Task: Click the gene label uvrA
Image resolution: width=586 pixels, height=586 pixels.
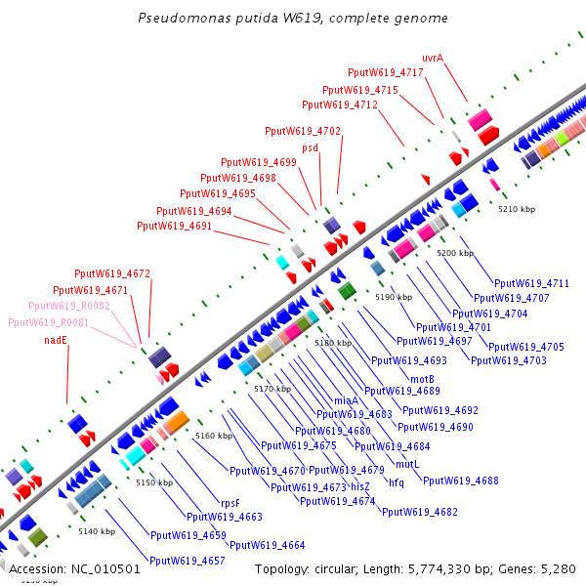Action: [433, 58]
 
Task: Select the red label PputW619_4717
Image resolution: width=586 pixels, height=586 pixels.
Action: [386, 72]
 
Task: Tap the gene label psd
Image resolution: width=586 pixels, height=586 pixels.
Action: [310, 148]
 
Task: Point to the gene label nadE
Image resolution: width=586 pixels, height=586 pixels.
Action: [56, 340]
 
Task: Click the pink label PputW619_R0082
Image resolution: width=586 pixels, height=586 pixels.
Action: [69, 306]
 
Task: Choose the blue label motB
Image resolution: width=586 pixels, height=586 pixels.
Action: [422, 379]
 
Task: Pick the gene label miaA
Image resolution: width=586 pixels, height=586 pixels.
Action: [346, 400]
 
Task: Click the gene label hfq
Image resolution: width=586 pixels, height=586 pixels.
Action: [397, 482]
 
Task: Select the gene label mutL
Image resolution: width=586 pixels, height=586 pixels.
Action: [407, 464]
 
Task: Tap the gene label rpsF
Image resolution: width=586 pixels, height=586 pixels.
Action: [230, 503]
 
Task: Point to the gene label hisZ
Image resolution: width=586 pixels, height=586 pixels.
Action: [360, 486]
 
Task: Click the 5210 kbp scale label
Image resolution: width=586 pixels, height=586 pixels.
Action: [517, 209]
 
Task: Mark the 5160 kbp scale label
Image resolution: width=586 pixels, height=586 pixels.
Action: [214, 436]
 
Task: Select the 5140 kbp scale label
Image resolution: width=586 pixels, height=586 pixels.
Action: [97, 531]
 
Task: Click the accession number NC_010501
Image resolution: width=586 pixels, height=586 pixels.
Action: [105, 569]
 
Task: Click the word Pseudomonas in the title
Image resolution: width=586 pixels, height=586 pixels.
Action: [185, 18]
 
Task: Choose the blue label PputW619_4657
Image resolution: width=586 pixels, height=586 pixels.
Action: [188, 561]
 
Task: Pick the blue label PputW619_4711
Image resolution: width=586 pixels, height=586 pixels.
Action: [531, 283]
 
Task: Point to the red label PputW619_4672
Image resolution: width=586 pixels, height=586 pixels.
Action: [112, 273]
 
